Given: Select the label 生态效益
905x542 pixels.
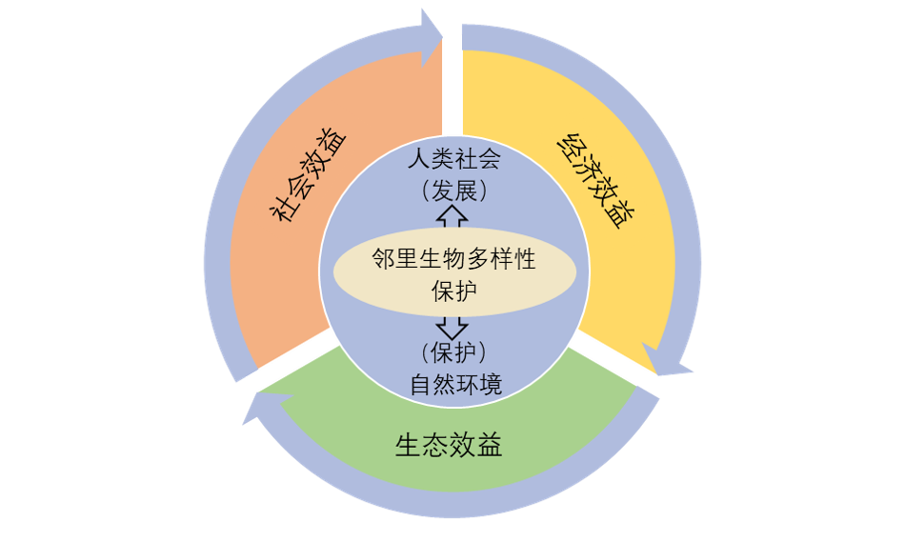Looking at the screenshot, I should click(x=449, y=445).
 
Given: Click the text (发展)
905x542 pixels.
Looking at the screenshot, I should click(x=452, y=190).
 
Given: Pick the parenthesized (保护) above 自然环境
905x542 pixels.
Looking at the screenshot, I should click(x=452, y=352).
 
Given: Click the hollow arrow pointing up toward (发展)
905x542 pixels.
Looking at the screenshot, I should click(x=453, y=217).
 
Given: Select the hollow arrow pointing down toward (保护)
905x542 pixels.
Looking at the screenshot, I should click(x=453, y=327).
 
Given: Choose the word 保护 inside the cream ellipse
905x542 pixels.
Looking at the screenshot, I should click(x=453, y=291).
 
